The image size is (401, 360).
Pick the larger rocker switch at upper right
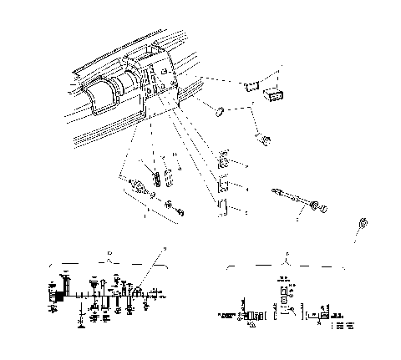[272, 94]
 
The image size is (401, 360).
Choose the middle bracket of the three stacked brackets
[223, 185]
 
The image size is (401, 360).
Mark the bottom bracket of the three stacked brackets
[223, 207]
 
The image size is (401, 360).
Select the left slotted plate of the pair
[156, 179]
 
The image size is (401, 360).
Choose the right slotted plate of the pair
[170, 179]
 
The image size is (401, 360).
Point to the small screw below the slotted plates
[170, 205]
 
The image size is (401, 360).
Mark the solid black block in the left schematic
[58, 296]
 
